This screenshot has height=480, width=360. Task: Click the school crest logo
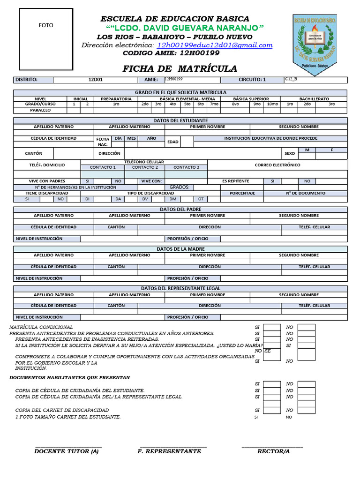pyautogui.click(x=315, y=42)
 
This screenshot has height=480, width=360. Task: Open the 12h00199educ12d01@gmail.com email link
pyautogui.click(x=215, y=45)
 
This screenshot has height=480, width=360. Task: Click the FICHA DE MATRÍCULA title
pyautogui.click(x=180, y=69)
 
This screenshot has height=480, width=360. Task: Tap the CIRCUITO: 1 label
pyautogui.click(x=252, y=80)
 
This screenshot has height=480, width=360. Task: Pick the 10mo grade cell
pyautogui.click(x=272, y=104)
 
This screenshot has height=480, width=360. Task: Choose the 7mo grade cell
pyautogui.click(x=214, y=104)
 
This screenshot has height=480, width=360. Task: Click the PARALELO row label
pyautogui.click(x=40, y=110)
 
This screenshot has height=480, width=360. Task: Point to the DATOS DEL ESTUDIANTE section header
pyautogui.click(x=180, y=120)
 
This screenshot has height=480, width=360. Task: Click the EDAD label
pyautogui.click(x=173, y=142)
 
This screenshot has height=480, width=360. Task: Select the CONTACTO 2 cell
pyautogui.click(x=145, y=167)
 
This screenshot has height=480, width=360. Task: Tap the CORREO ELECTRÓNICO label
pyautogui.click(x=277, y=165)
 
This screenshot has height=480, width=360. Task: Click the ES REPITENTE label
pyautogui.click(x=236, y=181)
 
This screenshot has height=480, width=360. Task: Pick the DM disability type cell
pyautogui.click(x=172, y=199)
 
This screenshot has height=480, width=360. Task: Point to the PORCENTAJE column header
pyautogui.click(x=242, y=193)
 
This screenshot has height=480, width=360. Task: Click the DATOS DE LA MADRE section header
pyautogui.click(x=180, y=249)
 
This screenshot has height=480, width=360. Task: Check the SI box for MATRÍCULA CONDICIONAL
pyautogui.click(x=271, y=327)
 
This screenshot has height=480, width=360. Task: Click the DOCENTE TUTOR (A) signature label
pyautogui.click(x=67, y=451)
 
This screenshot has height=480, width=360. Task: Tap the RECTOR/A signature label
pyautogui.click(x=273, y=451)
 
